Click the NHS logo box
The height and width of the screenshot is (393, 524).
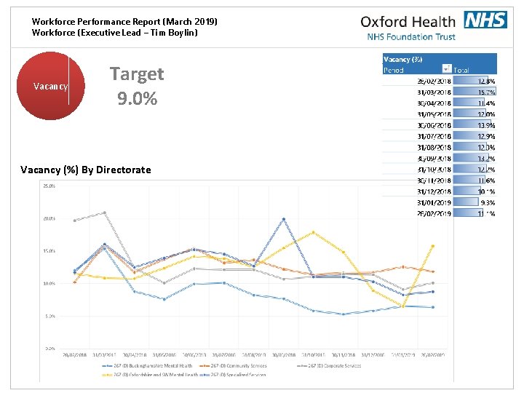click(485, 20)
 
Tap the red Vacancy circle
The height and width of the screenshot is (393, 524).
click(51, 86)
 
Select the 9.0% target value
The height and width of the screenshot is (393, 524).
click(137, 98)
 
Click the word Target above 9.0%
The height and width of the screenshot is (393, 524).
click(137, 74)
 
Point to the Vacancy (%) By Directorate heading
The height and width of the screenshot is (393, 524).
click(86, 170)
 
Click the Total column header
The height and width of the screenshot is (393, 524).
click(461, 70)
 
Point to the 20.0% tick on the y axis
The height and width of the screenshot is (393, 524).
click(49, 218)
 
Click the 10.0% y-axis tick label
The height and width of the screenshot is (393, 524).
click(49, 283)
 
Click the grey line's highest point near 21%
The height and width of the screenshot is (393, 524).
click(105, 213)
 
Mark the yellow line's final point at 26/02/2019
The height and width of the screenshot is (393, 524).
click(433, 246)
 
